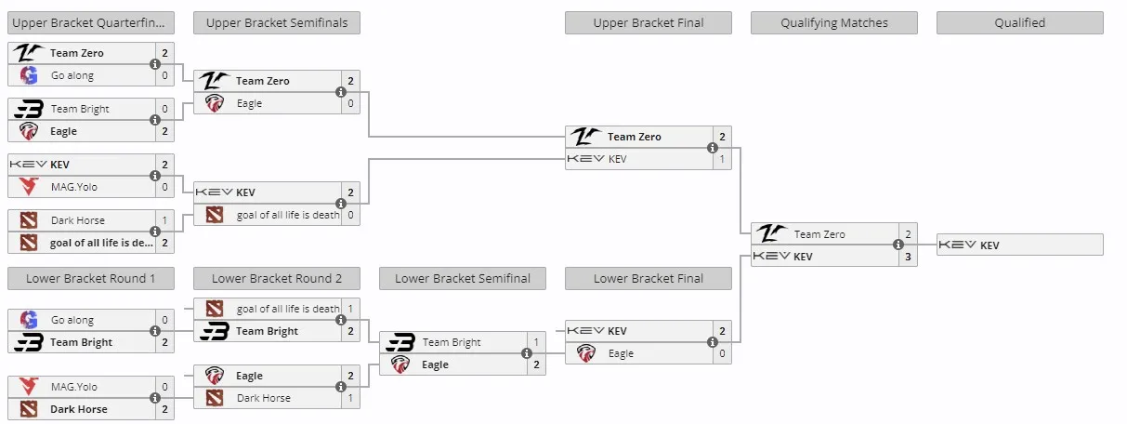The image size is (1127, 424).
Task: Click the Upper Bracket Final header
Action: pyautogui.click(x=648, y=22)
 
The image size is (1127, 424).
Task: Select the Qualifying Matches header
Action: pyautogui.click(x=833, y=22)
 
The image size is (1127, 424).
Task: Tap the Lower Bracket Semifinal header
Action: pyautogui.click(x=463, y=278)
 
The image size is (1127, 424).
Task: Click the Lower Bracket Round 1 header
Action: pyautogui.click(x=91, y=278)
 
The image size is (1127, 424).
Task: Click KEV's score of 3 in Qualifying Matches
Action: pyautogui.click(x=908, y=257)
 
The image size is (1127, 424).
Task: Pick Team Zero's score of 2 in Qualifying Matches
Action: pyautogui.click(x=908, y=234)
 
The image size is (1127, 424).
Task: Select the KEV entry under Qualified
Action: pyautogui.click(x=1020, y=245)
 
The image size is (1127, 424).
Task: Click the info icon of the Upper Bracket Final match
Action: pyautogui.click(x=712, y=148)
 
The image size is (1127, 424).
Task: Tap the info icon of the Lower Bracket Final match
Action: pyautogui.click(x=712, y=342)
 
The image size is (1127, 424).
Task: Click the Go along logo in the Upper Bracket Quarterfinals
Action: pyautogui.click(x=29, y=75)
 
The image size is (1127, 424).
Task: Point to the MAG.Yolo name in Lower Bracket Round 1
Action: pyautogui.click(x=74, y=387)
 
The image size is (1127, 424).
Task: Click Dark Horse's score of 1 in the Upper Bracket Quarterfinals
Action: pyautogui.click(x=164, y=220)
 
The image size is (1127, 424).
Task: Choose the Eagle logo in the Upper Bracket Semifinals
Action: pyautogui.click(x=215, y=103)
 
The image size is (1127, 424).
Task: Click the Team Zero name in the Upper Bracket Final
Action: pyautogui.click(x=634, y=137)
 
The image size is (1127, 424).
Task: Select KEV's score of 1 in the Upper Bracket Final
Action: pyautogui.click(x=722, y=159)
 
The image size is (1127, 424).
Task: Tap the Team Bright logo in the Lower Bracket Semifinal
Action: pyautogui.click(x=400, y=342)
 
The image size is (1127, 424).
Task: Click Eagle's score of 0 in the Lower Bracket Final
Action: pyautogui.click(x=722, y=353)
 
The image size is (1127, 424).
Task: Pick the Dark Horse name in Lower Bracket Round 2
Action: pyautogui.click(x=264, y=398)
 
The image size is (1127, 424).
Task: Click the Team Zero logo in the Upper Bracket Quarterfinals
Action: pyautogui.click(x=29, y=52)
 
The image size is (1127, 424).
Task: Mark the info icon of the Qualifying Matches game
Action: pyautogui.click(x=898, y=245)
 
